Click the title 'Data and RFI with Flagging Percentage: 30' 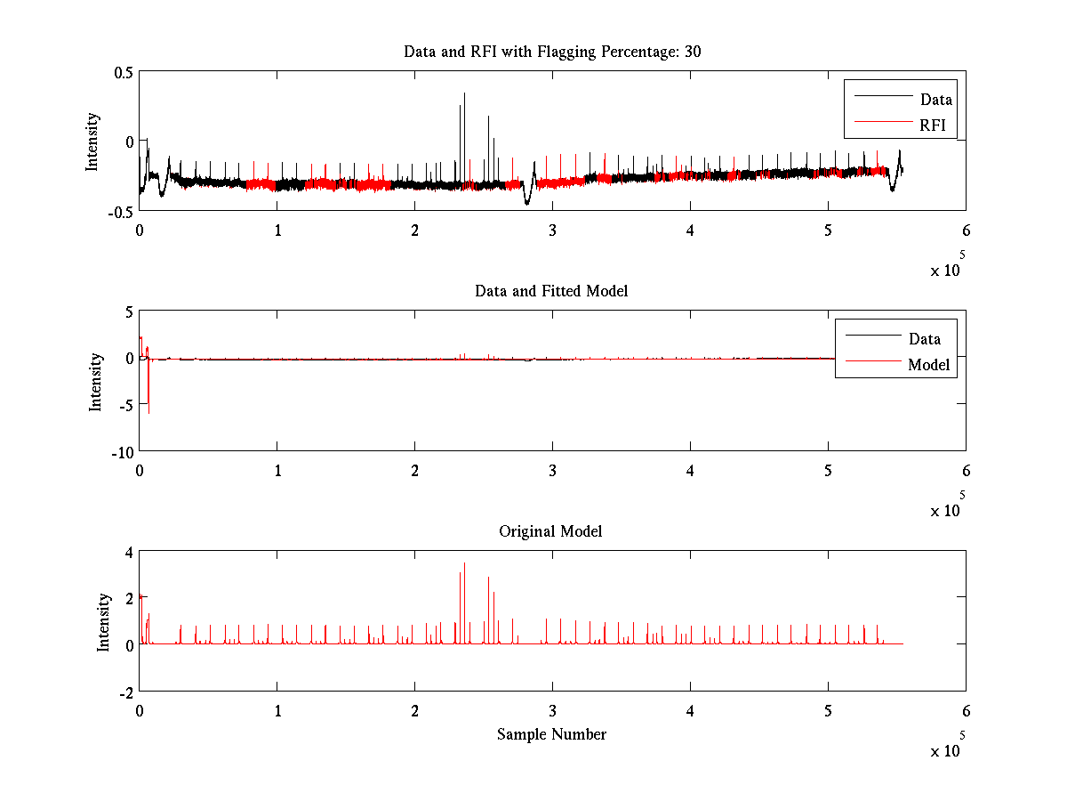coord(552,52)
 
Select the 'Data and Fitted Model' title coord(551,291)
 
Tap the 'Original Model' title coord(550,531)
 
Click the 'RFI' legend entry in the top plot coord(933,125)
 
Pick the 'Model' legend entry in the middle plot coord(928,365)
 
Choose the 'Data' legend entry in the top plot coord(935,100)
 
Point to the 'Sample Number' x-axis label coord(551,734)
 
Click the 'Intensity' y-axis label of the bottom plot coord(103,622)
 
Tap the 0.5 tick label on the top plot coord(123,72)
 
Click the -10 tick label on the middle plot coord(122,451)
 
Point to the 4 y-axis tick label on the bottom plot coord(128,552)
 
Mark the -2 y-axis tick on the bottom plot coord(125,692)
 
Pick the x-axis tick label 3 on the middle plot coord(552,470)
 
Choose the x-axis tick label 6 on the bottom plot coord(966,711)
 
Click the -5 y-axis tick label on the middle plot coord(125,404)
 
